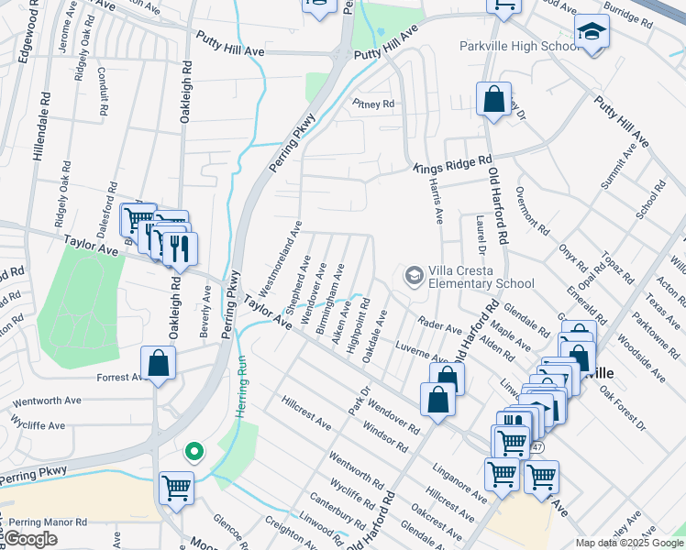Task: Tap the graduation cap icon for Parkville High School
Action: [x=592, y=33]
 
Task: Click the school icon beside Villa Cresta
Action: [x=415, y=275]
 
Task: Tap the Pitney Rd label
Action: [x=373, y=104]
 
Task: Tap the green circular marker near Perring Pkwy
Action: [x=194, y=451]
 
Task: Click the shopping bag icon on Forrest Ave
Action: [x=159, y=363]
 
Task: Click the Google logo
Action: [x=30, y=539]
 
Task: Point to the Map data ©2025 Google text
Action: [x=629, y=543]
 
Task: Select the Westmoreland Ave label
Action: [x=282, y=251]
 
